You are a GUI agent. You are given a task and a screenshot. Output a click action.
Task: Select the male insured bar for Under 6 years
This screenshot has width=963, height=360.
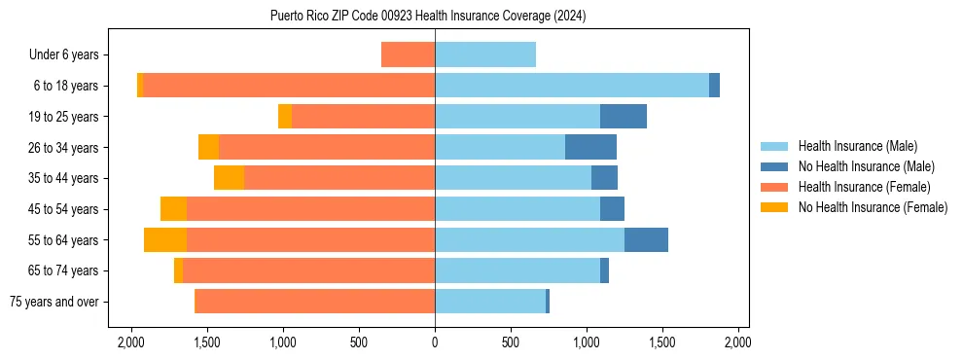tap(484, 55)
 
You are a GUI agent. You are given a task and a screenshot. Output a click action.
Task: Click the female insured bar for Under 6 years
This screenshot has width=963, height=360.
tap(408, 55)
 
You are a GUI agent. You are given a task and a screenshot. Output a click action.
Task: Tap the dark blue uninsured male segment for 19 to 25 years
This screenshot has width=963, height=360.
tap(623, 117)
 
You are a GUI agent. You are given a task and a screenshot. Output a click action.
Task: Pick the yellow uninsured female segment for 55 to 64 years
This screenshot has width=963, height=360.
tap(164, 240)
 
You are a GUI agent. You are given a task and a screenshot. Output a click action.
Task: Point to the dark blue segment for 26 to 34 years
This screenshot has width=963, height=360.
tap(590, 148)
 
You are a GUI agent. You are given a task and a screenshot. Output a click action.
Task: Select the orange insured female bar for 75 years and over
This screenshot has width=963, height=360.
tap(314, 302)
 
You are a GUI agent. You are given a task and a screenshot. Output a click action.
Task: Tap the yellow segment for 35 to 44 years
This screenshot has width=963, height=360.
tap(229, 178)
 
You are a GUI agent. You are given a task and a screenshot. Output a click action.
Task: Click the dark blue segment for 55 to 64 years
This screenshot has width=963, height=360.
tap(646, 240)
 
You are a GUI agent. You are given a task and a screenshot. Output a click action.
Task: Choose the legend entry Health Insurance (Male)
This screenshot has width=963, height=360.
tap(857, 146)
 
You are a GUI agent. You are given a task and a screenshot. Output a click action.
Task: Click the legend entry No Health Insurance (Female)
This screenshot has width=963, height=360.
tap(873, 207)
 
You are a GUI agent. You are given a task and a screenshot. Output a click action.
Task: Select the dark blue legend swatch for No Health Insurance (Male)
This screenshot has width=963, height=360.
tap(775, 166)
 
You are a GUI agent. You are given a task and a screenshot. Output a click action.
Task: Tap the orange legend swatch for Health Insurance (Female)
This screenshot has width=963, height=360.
tap(775, 187)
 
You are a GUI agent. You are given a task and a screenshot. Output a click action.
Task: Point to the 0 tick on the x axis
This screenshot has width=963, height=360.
tap(435, 342)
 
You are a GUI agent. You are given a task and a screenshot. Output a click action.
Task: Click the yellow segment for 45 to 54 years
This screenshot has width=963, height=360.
tap(173, 209)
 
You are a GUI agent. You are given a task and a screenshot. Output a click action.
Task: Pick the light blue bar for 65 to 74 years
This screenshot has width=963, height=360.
tap(517, 270)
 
